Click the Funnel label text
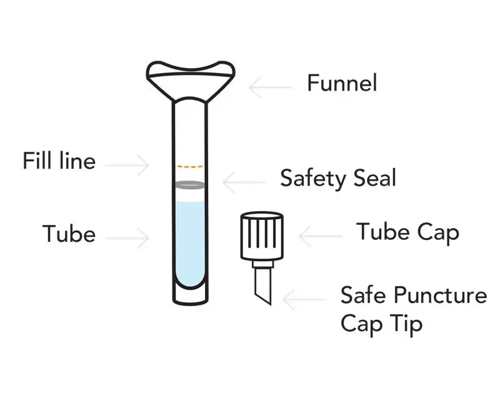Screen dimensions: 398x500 [x=342, y=83]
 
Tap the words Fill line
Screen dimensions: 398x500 [x=59, y=161]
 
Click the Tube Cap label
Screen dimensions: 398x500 [x=407, y=232]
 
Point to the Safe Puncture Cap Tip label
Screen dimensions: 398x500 [x=413, y=309]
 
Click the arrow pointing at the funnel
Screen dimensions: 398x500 [x=270, y=87]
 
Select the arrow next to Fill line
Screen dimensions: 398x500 [x=128, y=166]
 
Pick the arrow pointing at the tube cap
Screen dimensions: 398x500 [x=321, y=237]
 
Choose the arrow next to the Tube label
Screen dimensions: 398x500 [x=128, y=238]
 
